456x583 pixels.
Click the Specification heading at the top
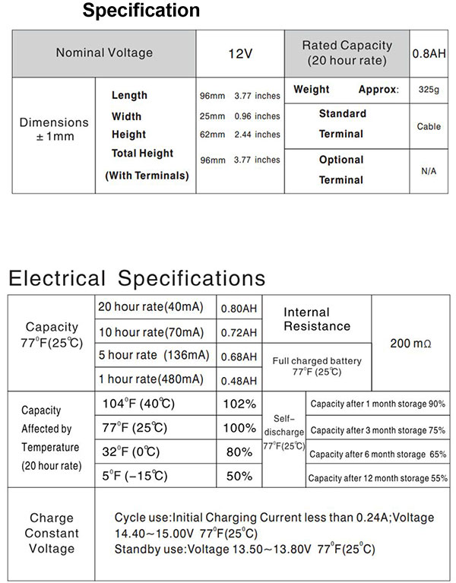(x=141, y=11)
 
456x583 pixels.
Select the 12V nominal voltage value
(x=240, y=53)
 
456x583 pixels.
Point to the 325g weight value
(x=429, y=90)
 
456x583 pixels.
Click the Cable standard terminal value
(x=429, y=126)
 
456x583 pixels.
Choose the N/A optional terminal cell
(x=429, y=171)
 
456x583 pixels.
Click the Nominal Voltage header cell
(x=104, y=53)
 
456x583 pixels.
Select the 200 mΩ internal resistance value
(x=410, y=344)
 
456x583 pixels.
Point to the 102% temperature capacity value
(x=238, y=404)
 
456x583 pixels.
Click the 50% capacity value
(x=238, y=476)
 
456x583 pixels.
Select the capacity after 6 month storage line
(x=378, y=454)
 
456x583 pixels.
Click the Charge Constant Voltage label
(x=52, y=534)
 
